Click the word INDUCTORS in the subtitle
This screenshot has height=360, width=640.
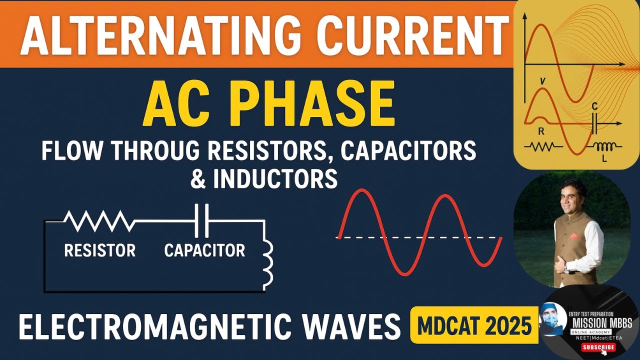275,179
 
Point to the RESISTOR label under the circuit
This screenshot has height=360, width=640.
100,250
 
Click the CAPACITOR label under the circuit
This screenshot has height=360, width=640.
205,250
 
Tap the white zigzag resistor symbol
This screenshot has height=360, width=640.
99,221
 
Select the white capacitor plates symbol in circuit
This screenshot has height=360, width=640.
202,220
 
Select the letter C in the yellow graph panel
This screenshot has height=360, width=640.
594,106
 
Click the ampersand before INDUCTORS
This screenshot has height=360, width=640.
198,179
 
